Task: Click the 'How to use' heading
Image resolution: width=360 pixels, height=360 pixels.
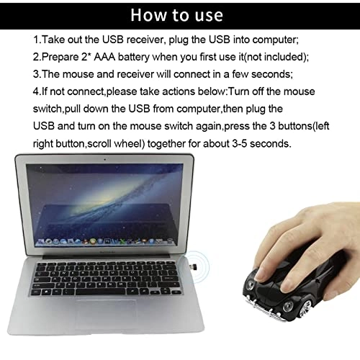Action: pyautogui.click(x=181, y=15)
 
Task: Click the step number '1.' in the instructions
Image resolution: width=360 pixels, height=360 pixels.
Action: pyautogui.click(x=38, y=40)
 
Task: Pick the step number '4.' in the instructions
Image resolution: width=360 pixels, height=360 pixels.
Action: pyautogui.click(x=38, y=91)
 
